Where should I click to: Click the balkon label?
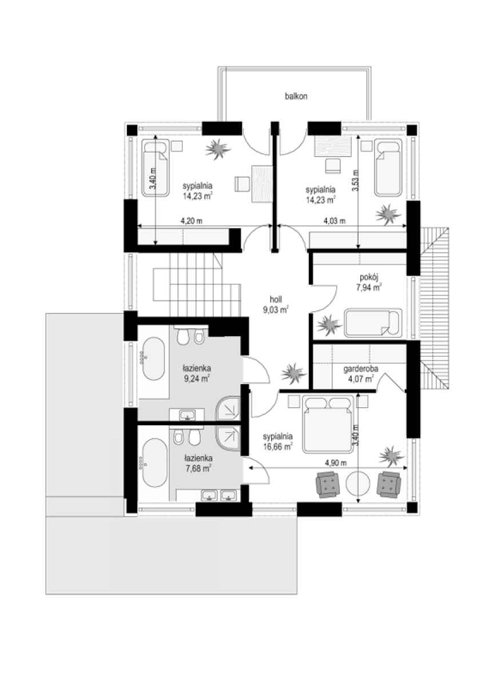click(x=296, y=96)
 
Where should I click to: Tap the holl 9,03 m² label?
click(x=276, y=304)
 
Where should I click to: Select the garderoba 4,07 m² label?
click(x=361, y=374)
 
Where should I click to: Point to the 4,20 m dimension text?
click(x=192, y=221)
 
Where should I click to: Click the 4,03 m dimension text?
click(x=335, y=221)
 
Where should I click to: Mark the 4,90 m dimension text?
click(x=336, y=462)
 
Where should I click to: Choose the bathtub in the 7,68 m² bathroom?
click(x=155, y=463)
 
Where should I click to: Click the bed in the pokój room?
click(x=373, y=323)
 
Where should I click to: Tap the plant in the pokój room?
click(x=328, y=324)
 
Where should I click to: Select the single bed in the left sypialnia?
click(x=156, y=168)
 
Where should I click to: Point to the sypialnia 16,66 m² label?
click(x=278, y=441)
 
